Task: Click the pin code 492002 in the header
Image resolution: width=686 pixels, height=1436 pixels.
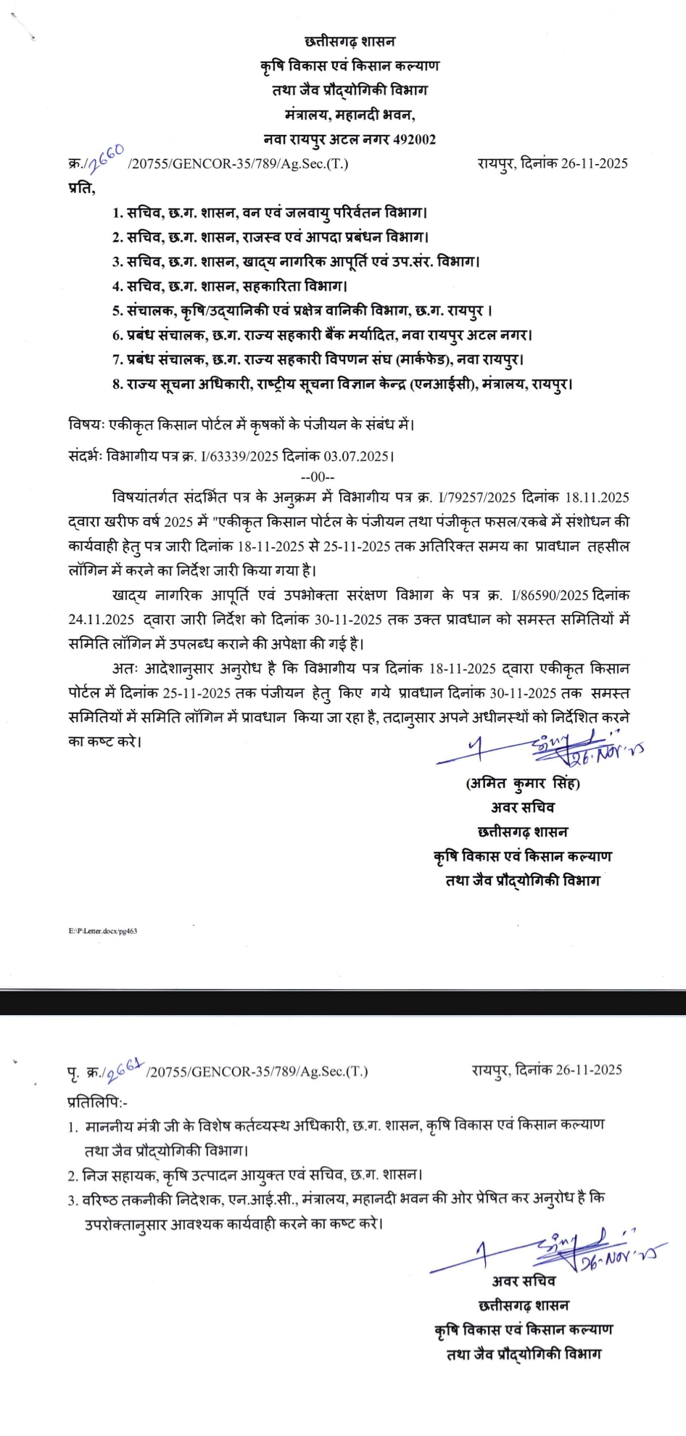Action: tap(414, 139)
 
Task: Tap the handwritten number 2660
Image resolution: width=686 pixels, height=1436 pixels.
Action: tap(107, 157)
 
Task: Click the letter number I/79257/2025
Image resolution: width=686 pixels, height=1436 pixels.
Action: tap(477, 498)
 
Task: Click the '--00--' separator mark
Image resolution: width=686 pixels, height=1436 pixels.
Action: tap(318, 477)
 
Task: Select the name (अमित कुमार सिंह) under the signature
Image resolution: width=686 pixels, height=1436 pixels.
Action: tap(522, 784)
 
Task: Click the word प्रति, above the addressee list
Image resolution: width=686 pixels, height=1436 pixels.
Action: tap(82, 188)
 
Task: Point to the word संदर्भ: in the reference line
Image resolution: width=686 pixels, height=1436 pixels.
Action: tap(86, 457)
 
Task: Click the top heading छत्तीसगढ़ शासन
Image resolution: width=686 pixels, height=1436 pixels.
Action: tap(350, 41)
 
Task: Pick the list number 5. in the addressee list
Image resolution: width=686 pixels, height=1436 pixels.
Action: tap(117, 311)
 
